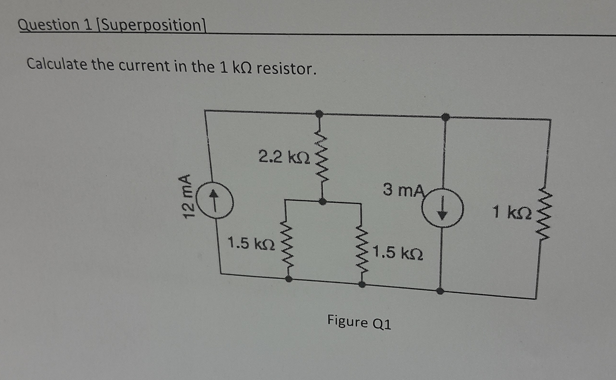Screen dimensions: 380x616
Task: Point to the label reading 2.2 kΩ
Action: tap(284, 157)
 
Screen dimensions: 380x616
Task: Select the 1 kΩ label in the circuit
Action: tap(512, 212)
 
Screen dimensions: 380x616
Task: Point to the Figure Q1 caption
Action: tap(359, 322)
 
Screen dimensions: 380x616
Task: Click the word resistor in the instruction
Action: tap(286, 68)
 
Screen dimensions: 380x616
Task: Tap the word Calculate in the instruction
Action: tap(57, 64)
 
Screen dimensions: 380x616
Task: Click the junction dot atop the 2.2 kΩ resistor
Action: tap(319, 114)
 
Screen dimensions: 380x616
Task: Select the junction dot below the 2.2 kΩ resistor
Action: tap(322, 202)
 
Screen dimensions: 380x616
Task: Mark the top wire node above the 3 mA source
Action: tap(445, 117)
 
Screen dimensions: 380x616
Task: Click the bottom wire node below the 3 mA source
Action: tap(440, 291)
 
